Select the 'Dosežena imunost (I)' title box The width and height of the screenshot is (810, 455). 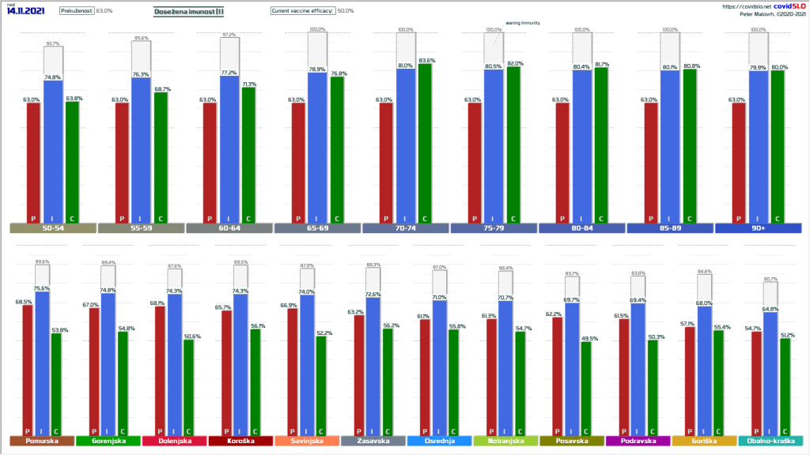(x=189, y=11)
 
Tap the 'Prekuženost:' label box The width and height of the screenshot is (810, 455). (x=76, y=11)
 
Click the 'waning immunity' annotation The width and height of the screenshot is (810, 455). (x=523, y=23)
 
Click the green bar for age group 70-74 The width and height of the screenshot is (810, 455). (x=426, y=142)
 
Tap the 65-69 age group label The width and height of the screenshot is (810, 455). (x=317, y=228)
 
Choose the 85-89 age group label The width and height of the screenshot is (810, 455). (x=670, y=228)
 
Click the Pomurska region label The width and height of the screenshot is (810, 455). (x=41, y=441)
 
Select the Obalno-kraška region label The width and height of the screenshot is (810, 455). (x=770, y=441)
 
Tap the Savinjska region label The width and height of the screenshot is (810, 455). (x=306, y=441)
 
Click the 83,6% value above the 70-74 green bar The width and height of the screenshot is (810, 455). (x=426, y=61)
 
